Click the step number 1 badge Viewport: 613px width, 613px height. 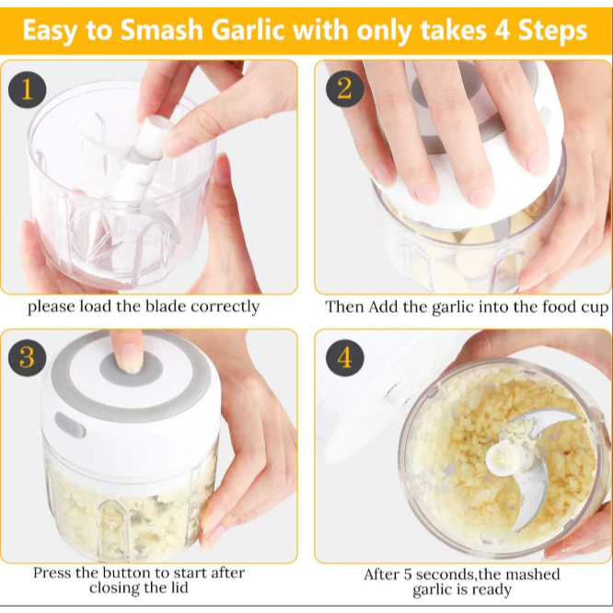click(27, 89)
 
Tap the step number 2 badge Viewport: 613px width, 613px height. click(345, 88)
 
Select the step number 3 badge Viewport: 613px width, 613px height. click(27, 357)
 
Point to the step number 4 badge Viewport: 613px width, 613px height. click(345, 357)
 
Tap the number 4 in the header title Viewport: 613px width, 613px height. click(503, 30)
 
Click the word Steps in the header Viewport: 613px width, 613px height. click(552, 31)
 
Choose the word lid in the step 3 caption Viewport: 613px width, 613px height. click(179, 587)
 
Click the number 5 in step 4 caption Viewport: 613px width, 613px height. click(408, 574)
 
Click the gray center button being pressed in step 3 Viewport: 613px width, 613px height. click(131, 369)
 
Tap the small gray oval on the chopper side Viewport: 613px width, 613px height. click(70, 425)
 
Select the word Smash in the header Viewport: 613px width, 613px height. click(161, 30)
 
